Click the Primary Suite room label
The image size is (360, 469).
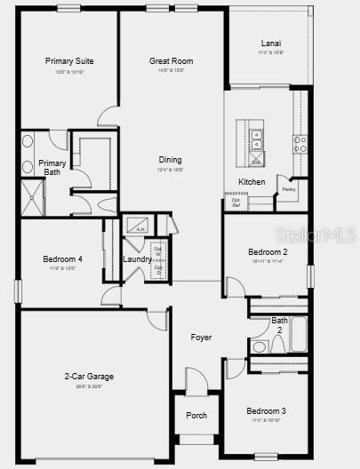tap(69, 61)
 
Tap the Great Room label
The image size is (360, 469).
tap(172, 61)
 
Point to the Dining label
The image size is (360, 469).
tap(171, 160)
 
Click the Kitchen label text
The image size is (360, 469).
tap(252, 182)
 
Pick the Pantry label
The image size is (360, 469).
tap(289, 189)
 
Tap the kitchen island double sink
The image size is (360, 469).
tap(257, 139)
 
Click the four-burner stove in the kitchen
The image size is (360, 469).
tap(300, 142)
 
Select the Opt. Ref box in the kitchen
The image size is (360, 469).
tap(236, 202)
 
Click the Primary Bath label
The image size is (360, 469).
tap(50, 167)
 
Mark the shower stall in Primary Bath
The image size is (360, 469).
tap(33, 196)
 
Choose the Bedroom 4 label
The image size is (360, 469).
tap(62, 259)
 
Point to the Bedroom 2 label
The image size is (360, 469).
tap(267, 252)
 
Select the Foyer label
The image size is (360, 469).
tap(201, 338)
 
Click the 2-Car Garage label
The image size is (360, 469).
tap(89, 377)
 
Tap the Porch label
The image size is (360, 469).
tap(196, 416)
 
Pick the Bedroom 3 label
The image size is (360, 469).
tap(267, 411)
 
